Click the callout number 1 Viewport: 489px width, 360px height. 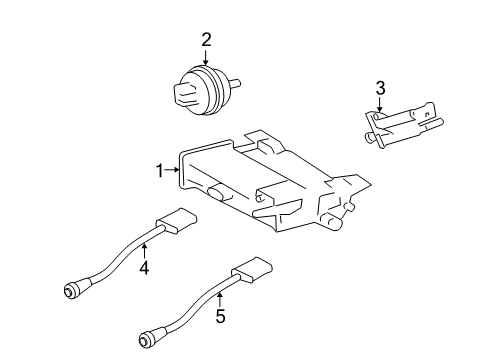[159, 172]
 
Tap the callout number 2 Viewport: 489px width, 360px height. [206, 40]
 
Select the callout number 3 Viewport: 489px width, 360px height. [380, 91]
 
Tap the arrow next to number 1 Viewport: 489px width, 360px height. [172, 172]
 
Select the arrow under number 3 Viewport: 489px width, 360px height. [380, 110]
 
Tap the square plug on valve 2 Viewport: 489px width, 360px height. [184, 96]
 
